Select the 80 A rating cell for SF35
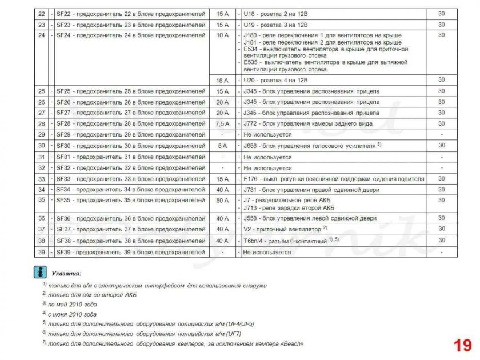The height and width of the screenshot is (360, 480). click(x=222, y=201)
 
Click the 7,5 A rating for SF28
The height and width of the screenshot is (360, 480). click(x=222, y=124)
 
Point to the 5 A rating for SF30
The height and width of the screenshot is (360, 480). click(x=222, y=146)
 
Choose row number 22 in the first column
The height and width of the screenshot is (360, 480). click(x=41, y=14)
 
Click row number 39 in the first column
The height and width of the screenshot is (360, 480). click(x=41, y=252)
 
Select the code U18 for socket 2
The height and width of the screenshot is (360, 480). click(x=249, y=14)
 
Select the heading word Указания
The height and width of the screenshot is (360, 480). click(x=66, y=274)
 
